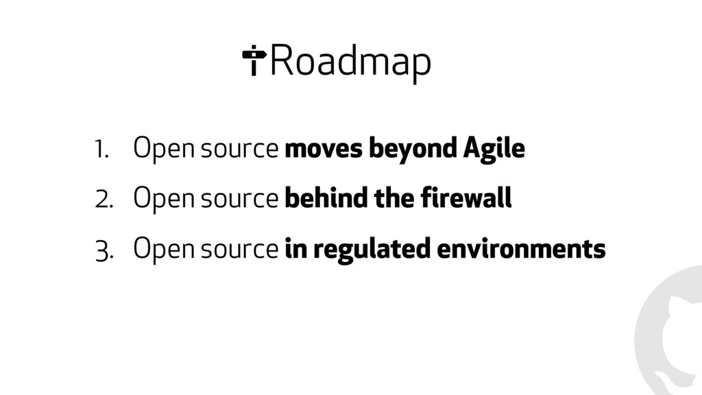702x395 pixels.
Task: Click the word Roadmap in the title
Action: tap(350, 62)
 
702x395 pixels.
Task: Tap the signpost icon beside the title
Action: tap(254, 60)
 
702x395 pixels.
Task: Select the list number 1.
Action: tap(101, 149)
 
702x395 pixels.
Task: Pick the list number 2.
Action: tap(104, 200)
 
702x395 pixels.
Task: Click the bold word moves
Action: tap(324, 149)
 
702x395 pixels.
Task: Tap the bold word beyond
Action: tap(412, 149)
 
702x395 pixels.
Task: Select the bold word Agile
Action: tap(494, 149)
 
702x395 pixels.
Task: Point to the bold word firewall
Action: tap(466, 197)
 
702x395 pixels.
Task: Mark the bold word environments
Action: tap(521, 249)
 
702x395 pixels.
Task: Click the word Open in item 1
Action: tap(164, 149)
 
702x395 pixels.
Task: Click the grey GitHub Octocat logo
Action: tap(668, 331)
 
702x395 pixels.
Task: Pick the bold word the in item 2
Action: tap(394, 197)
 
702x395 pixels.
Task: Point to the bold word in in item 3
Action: tap(295, 248)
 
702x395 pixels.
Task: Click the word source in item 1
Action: tap(239, 149)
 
